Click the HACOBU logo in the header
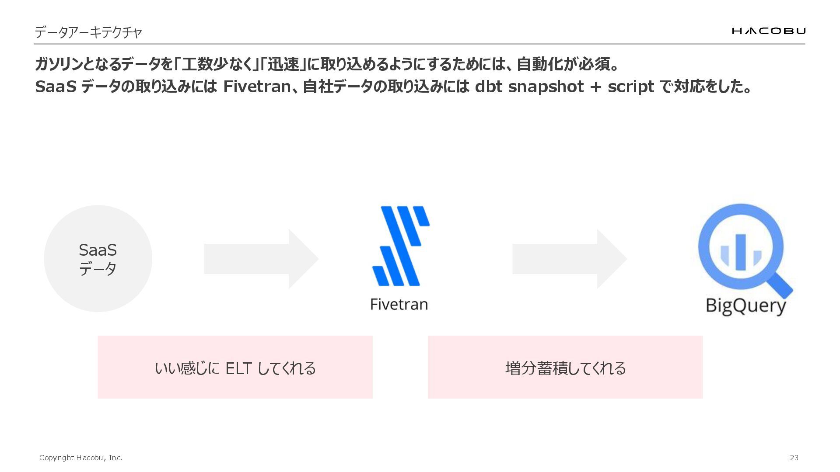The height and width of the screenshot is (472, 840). click(x=768, y=31)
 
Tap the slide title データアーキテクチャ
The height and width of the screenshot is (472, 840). click(x=88, y=32)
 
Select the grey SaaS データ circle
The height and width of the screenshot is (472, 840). click(x=98, y=259)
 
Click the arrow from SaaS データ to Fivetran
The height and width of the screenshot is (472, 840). click(x=261, y=259)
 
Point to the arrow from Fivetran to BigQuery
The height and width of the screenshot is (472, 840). click(x=569, y=259)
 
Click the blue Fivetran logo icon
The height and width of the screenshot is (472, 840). click(x=400, y=246)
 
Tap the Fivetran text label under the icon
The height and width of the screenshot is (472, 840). click(x=399, y=304)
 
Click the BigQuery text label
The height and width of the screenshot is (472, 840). click(x=745, y=305)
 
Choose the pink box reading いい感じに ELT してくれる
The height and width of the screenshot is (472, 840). click(x=235, y=367)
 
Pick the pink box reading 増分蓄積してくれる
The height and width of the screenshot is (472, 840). click(x=565, y=367)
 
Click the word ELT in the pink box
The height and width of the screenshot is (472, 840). click(x=238, y=368)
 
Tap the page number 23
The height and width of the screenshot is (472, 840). click(x=794, y=458)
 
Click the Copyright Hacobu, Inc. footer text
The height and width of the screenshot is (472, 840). click(x=80, y=458)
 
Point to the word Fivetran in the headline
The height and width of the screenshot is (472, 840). click(x=257, y=87)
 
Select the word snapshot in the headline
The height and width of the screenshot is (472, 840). click(x=546, y=87)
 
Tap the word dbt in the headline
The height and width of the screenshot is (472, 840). click(x=488, y=87)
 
